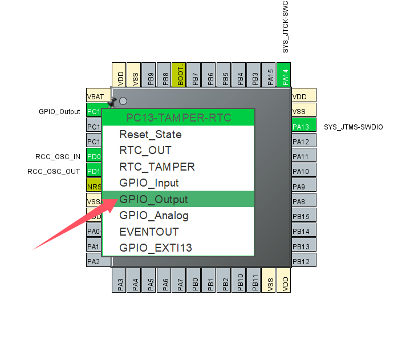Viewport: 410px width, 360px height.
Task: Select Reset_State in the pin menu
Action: pos(151,135)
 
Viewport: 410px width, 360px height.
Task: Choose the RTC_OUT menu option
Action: pos(145,151)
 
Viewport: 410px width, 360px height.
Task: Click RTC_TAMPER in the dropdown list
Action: pos(157,167)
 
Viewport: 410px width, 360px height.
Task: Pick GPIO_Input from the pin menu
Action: pos(149,183)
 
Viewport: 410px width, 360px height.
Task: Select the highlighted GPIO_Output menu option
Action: pos(153,199)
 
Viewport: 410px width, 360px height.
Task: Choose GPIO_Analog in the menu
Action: pos(154,216)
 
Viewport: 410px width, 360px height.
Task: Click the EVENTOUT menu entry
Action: pos(149,232)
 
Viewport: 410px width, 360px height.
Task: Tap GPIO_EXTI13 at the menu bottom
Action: pos(156,248)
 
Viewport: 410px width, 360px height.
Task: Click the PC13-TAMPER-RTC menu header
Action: pos(178,118)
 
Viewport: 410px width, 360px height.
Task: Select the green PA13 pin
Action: pos(303,127)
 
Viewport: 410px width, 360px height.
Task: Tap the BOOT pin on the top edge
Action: pos(180,75)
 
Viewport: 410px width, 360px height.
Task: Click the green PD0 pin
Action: pos(94,156)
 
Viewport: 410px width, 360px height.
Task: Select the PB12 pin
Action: pos(303,261)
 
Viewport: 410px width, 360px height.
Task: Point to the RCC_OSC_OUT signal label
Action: pos(54,171)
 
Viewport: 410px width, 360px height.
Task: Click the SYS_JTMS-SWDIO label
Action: pos(353,127)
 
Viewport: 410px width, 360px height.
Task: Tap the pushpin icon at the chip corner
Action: pos(112,102)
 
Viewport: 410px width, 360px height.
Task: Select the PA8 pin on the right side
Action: pos(303,201)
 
